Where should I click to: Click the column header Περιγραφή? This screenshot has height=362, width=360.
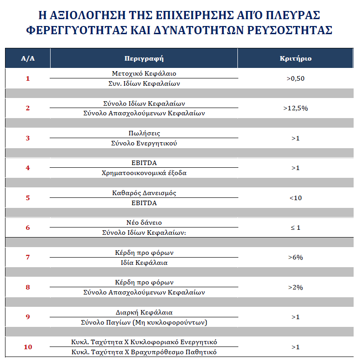144,59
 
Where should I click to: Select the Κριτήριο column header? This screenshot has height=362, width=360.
295,59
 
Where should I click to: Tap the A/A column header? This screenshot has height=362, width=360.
28,59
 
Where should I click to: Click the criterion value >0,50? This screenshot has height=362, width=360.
295,78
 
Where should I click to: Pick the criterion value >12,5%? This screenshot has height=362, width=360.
295,108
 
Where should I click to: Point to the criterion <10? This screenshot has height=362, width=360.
295,198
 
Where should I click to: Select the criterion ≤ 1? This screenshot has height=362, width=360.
295,228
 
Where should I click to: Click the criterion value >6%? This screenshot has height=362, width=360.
295,258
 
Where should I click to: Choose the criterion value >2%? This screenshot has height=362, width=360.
295,287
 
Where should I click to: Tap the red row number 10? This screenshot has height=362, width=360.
28,347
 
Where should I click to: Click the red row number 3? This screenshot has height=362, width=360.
28,138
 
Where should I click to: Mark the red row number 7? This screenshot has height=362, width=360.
28,258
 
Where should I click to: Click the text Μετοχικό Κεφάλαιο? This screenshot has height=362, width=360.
144,73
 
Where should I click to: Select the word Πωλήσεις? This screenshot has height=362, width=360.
144,133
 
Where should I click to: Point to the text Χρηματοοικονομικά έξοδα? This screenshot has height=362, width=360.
144,173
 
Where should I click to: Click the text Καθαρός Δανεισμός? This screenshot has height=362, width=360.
144,193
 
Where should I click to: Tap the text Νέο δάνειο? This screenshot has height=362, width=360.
144,222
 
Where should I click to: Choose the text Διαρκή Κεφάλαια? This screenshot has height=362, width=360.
144,312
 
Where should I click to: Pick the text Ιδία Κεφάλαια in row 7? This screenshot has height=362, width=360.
144,263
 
